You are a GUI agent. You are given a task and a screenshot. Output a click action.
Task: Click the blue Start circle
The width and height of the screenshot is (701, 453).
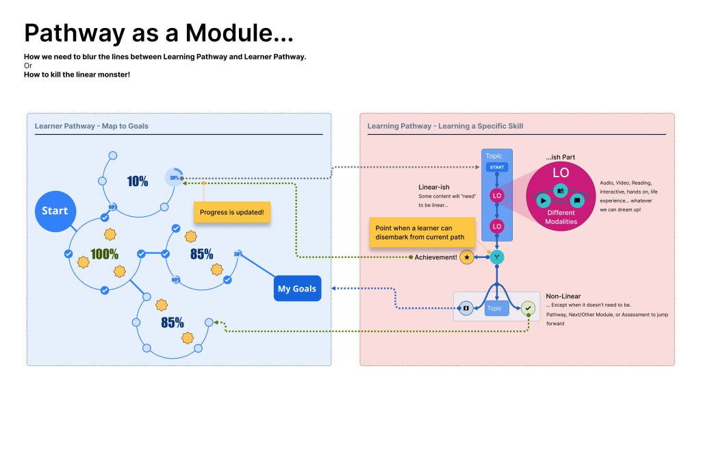click(55, 211)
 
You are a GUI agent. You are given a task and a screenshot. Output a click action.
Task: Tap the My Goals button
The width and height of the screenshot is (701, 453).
click(296, 288)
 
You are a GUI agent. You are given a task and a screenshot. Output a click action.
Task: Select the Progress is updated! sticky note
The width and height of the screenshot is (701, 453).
click(232, 213)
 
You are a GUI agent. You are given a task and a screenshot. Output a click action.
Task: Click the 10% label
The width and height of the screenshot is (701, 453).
click(138, 181)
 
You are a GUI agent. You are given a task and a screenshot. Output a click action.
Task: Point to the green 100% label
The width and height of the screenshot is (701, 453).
click(104, 254)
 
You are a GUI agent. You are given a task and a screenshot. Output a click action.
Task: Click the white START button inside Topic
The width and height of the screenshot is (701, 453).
click(497, 168)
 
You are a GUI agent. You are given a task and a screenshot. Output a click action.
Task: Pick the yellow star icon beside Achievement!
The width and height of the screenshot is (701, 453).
click(467, 257)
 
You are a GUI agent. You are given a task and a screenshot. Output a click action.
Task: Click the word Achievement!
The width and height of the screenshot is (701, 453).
click(436, 257)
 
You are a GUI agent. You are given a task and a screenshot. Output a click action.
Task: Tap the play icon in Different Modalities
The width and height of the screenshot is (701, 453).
click(543, 200)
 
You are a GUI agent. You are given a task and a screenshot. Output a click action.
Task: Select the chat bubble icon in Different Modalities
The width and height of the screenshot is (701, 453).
click(577, 200)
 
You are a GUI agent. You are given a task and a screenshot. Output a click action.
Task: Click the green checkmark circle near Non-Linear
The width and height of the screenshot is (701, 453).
click(528, 309)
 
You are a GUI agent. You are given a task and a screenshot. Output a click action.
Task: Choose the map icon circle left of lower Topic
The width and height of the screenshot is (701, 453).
click(466, 309)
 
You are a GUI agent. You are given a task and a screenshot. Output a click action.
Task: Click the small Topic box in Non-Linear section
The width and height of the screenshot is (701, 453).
click(495, 309)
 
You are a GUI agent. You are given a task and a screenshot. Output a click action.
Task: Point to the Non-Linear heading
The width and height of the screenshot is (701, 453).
click(563, 296)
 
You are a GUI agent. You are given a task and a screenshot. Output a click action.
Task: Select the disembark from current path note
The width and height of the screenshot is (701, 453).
click(420, 233)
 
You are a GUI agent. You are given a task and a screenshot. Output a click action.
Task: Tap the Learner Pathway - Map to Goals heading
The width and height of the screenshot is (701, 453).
click(92, 126)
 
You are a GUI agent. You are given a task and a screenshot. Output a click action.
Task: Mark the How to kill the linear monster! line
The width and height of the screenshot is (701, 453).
click(77, 74)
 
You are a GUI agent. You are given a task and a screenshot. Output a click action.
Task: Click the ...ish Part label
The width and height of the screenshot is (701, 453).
click(560, 157)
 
